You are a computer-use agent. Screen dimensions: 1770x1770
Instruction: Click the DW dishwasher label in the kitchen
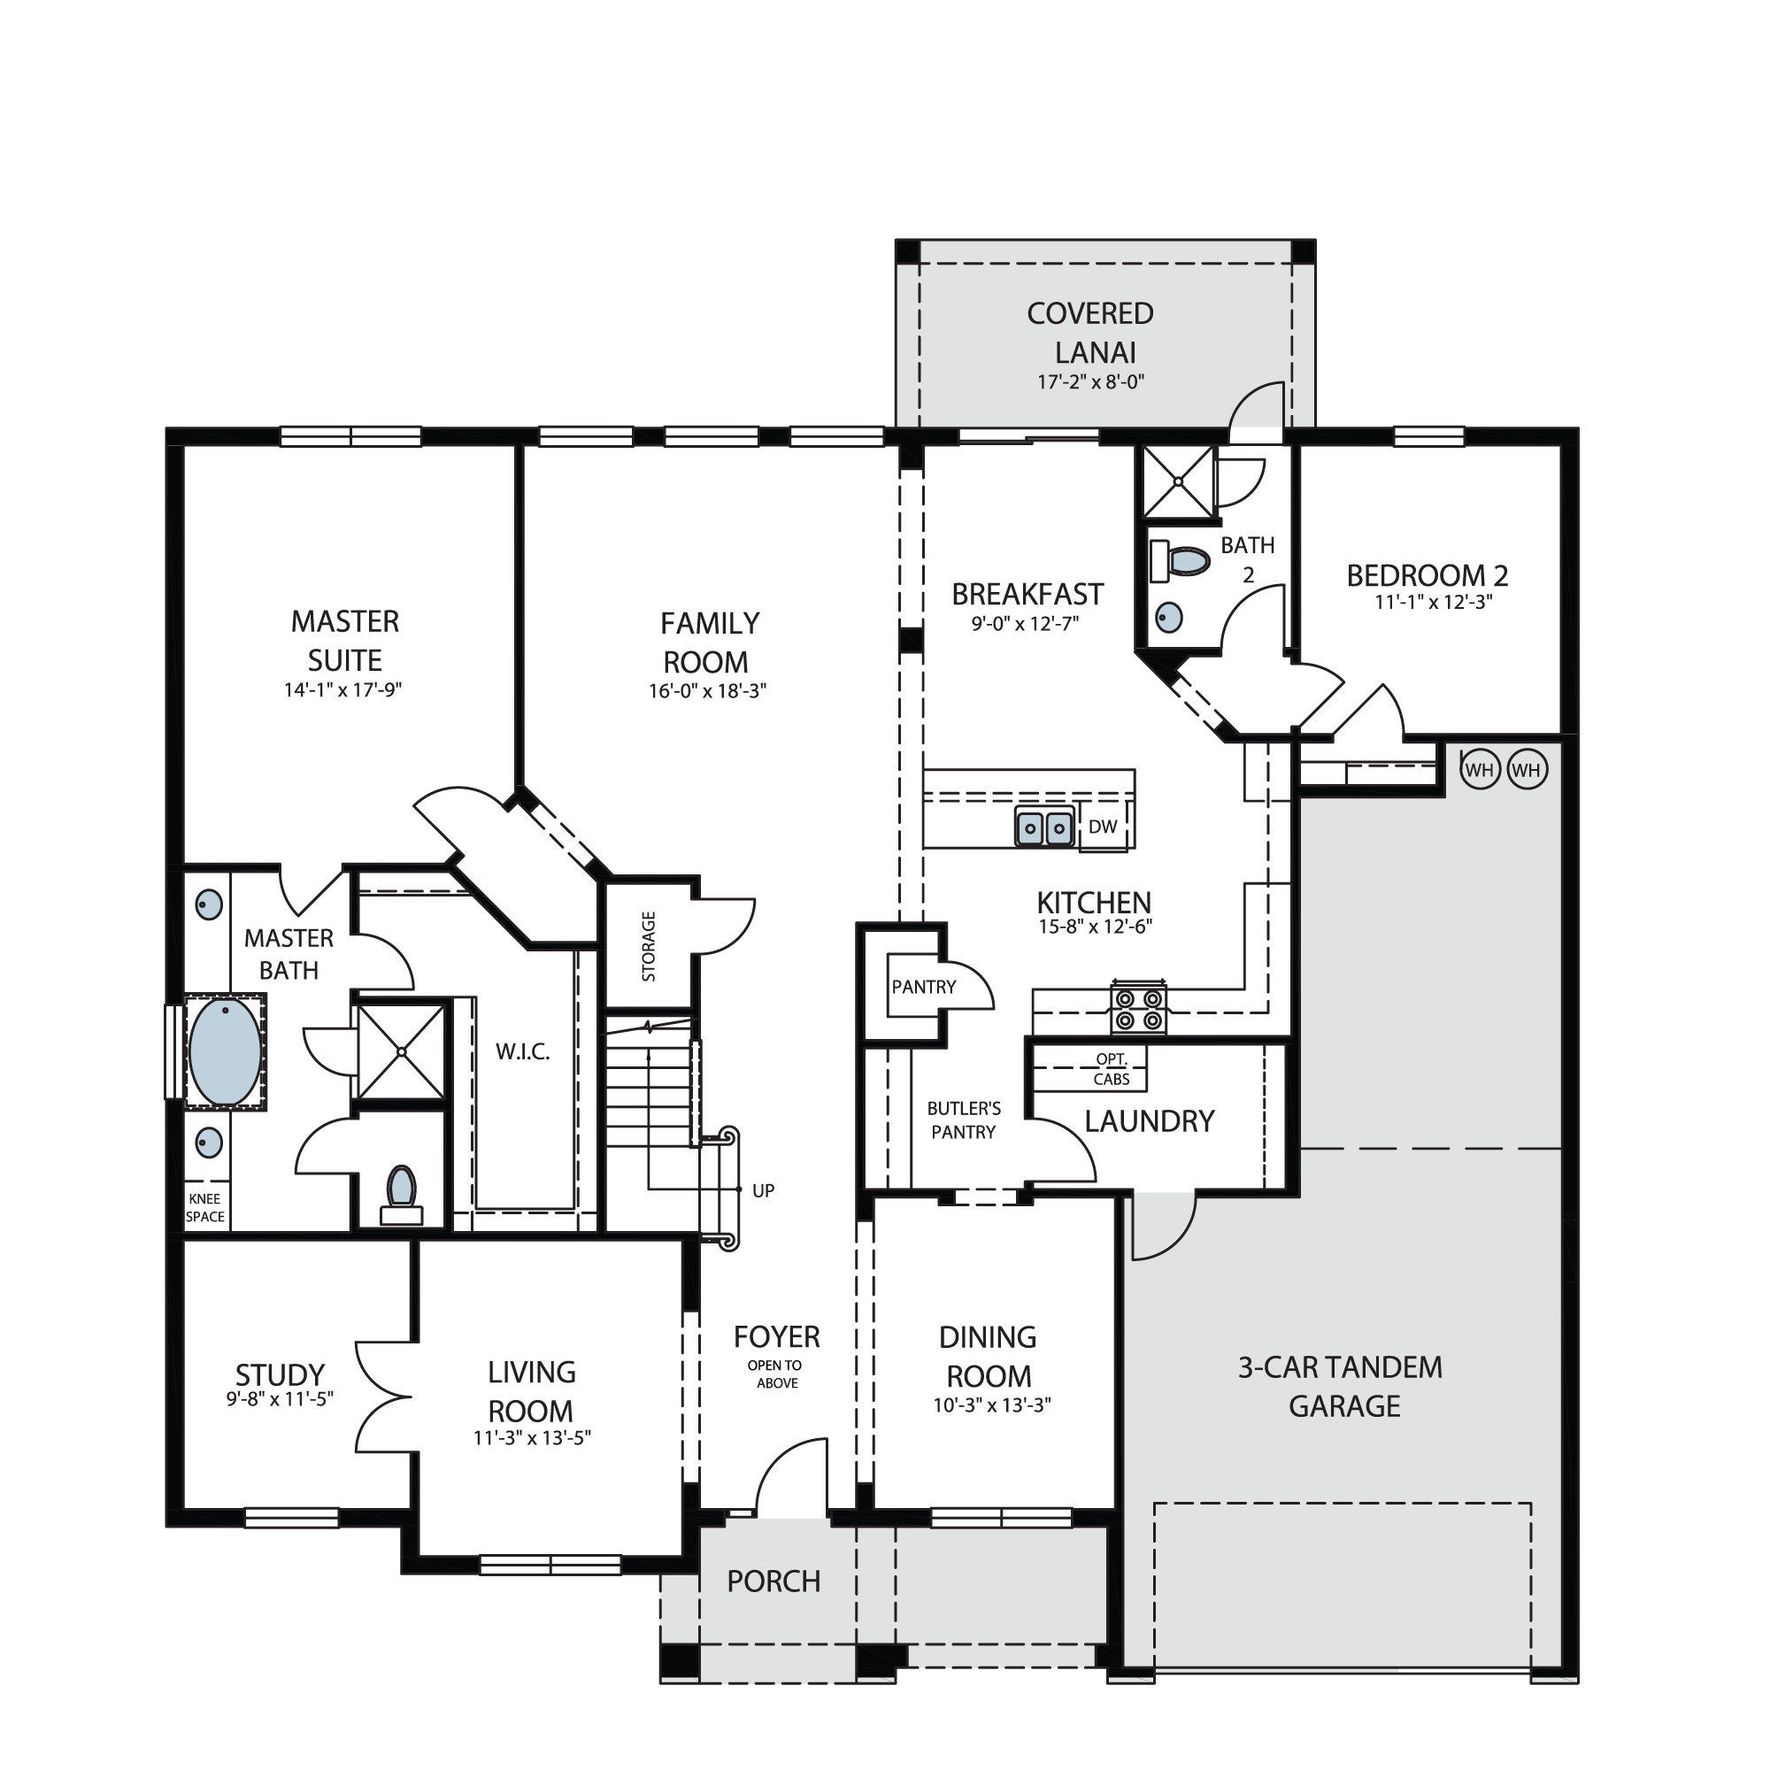[1102, 827]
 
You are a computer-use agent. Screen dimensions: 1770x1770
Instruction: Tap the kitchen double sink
[1044, 827]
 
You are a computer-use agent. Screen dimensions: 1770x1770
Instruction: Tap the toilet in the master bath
[401, 1196]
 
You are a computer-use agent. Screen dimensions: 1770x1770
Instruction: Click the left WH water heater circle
[1480, 770]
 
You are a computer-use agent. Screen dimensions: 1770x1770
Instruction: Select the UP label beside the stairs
[763, 1190]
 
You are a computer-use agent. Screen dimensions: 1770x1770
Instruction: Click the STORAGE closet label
[649, 946]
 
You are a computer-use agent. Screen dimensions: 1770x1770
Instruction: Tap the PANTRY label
[923, 987]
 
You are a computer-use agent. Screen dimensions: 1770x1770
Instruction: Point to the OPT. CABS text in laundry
[1112, 1069]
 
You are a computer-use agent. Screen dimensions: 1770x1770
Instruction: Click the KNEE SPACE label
[205, 1207]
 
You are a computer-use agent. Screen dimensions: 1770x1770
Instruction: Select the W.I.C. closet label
[523, 1051]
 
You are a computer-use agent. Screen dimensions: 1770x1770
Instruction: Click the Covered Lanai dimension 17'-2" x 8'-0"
[1091, 381]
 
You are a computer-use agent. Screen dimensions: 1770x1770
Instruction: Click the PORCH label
[774, 1581]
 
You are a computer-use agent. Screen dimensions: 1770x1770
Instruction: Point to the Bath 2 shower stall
[1177, 482]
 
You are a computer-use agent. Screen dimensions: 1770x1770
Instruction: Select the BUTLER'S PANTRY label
[964, 1120]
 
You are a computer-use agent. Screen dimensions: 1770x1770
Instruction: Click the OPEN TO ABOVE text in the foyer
[775, 1374]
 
